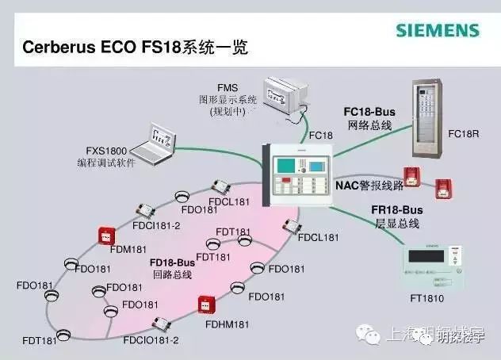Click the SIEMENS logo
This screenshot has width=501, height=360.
pyautogui.click(x=438, y=31)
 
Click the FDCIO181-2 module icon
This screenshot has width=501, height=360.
pyautogui.click(x=161, y=324)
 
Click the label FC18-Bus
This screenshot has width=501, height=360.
pyautogui.click(x=369, y=112)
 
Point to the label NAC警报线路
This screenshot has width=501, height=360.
pyautogui.click(x=369, y=185)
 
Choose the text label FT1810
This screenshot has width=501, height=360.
pyautogui.click(x=429, y=300)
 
